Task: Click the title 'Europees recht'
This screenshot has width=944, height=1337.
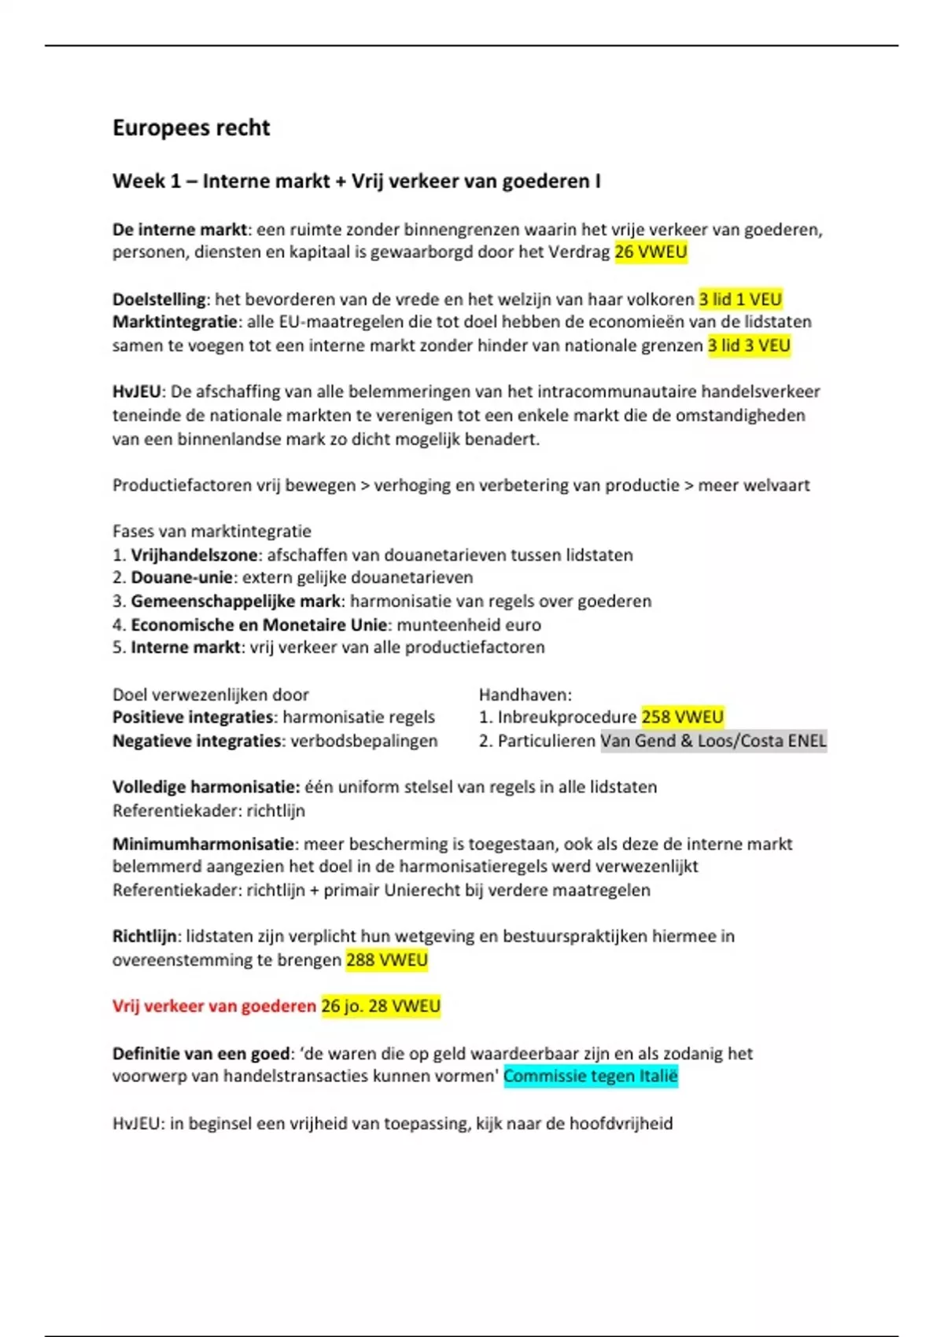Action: pyautogui.click(x=191, y=128)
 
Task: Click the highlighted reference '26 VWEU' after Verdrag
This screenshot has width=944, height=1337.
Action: pyautogui.click(x=651, y=252)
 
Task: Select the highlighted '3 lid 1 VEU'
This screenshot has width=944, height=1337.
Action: pyautogui.click(x=740, y=300)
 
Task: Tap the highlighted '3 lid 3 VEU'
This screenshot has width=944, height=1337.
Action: pyautogui.click(x=749, y=345)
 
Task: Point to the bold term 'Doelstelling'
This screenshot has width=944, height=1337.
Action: pyautogui.click(x=159, y=300)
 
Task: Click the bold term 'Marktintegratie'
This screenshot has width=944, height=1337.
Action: pyautogui.click(x=175, y=322)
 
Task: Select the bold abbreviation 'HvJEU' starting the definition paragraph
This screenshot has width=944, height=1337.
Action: pyautogui.click(x=136, y=392)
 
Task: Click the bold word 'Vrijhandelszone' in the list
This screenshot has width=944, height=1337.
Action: pyautogui.click(x=194, y=555)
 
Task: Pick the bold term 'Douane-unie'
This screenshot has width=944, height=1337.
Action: pyautogui.click(x=182, y=577)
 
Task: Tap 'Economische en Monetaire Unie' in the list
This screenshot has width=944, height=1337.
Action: pyautogui.click(x=259, y=625)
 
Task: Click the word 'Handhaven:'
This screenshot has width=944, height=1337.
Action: pyautogui.click(x=525, y=694)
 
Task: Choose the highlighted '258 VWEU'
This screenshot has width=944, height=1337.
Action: pyautogui.click(x=682, y=717)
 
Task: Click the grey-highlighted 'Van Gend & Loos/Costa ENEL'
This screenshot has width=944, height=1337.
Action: pyautogui.click(x=714, y=741)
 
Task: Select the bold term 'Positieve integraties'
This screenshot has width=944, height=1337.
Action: pyautogui.click(x=193, y=717)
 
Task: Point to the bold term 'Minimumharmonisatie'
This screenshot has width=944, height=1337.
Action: pyautogui.click(x=203, y=844)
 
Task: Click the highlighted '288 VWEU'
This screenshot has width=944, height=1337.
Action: pyautogui.click(x=386, y=960)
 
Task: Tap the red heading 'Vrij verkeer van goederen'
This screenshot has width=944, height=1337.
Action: pyautogui.click(x=214, y=1006)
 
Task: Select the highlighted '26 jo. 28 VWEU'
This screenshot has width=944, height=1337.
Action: pyautogui.click(x=381, y=1006)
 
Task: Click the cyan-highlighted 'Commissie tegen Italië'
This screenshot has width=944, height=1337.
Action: pyautogui.click(x=590, y=1076)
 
